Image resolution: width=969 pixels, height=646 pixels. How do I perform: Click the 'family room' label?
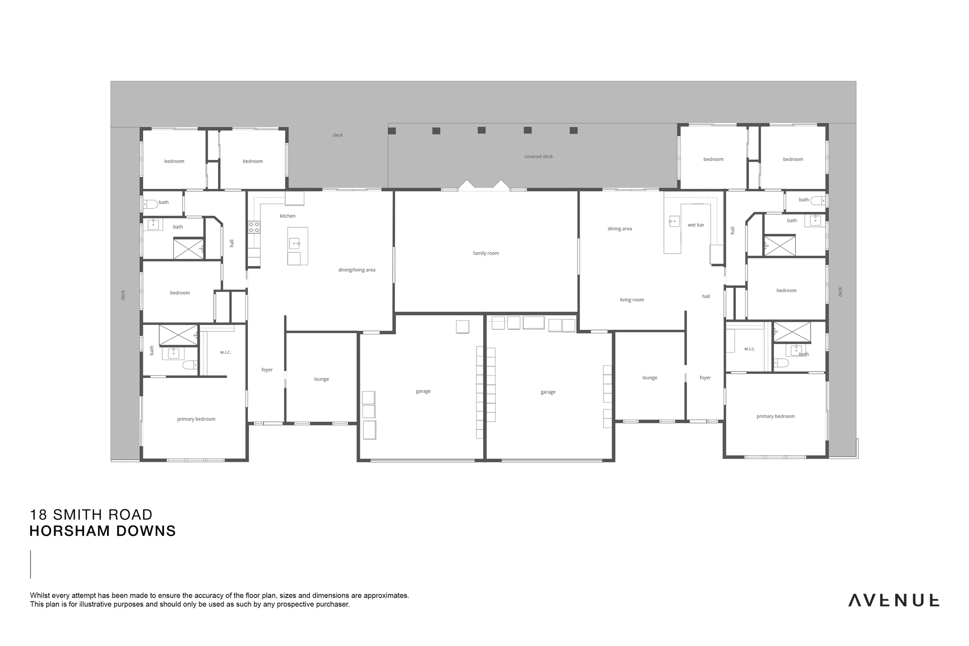(x=486, y=253)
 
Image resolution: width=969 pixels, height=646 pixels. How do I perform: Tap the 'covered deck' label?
(x=538, y=157)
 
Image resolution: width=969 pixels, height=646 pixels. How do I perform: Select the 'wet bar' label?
(x=696, y=225)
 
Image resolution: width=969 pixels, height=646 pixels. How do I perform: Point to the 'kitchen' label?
(x=287, y=216)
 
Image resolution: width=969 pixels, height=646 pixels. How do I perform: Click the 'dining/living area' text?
(x=357, y=270)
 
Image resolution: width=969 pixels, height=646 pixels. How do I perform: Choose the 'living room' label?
(x=632, y=300)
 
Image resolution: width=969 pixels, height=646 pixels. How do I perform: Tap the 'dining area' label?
(x=619, y=229)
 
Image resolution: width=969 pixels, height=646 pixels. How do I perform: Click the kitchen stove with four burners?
(x=254, y=227)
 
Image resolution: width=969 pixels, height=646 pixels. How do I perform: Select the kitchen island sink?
(x=294, y=244)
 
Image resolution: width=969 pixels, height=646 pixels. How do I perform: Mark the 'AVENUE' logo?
(x=893, y=600)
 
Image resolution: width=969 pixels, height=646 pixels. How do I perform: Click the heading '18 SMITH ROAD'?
(x=91, y=514)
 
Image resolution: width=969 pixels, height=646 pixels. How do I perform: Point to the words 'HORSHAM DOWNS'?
(x=103, y=531)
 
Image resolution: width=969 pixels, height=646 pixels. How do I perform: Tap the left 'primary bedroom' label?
(x=196, y=419)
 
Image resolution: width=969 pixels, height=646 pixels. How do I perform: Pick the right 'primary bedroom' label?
(x=775, y=416)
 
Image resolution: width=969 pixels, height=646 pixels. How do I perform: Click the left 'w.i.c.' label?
(x=225, y=352)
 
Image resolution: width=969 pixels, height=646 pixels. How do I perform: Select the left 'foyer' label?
(x=267, y=370)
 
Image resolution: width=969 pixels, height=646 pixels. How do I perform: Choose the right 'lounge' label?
(x=650, y=378)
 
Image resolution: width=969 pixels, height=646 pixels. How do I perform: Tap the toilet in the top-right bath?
(x=818, y=201)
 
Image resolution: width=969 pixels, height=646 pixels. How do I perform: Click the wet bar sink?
(x=674, y=221)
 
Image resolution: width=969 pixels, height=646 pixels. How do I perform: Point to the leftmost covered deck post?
(x=392, y=131)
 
